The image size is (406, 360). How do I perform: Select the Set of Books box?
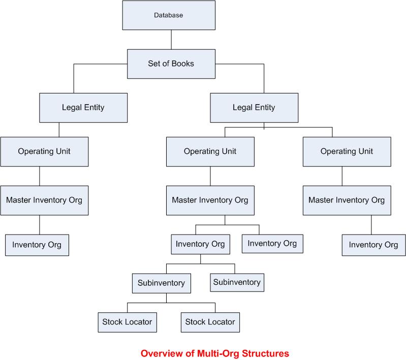coord(171,64)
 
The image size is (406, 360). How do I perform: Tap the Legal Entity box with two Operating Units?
coord(254,108)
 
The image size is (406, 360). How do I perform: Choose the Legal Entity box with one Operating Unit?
coord(83,108)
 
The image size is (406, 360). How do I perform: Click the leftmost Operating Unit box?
coord(44,151)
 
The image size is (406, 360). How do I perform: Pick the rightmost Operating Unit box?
coord(347,151)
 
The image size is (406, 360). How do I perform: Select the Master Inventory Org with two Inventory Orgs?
coord(210,200)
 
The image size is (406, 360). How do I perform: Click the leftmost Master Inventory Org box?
coord(44,200)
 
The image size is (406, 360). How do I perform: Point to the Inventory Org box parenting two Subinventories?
coord(200,244)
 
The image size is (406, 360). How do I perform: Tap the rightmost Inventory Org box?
coord(373,245)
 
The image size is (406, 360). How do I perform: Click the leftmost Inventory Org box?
coord(37,245)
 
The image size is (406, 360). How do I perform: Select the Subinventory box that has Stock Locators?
coord(162,283)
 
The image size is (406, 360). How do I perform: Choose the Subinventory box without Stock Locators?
coord(237,282)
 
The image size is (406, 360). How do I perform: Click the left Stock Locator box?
coord(127,322)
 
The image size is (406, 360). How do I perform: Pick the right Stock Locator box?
coord(210,322)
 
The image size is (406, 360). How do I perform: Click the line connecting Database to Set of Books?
coord(171,40)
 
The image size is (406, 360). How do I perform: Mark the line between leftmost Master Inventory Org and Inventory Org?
coord(40,224)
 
